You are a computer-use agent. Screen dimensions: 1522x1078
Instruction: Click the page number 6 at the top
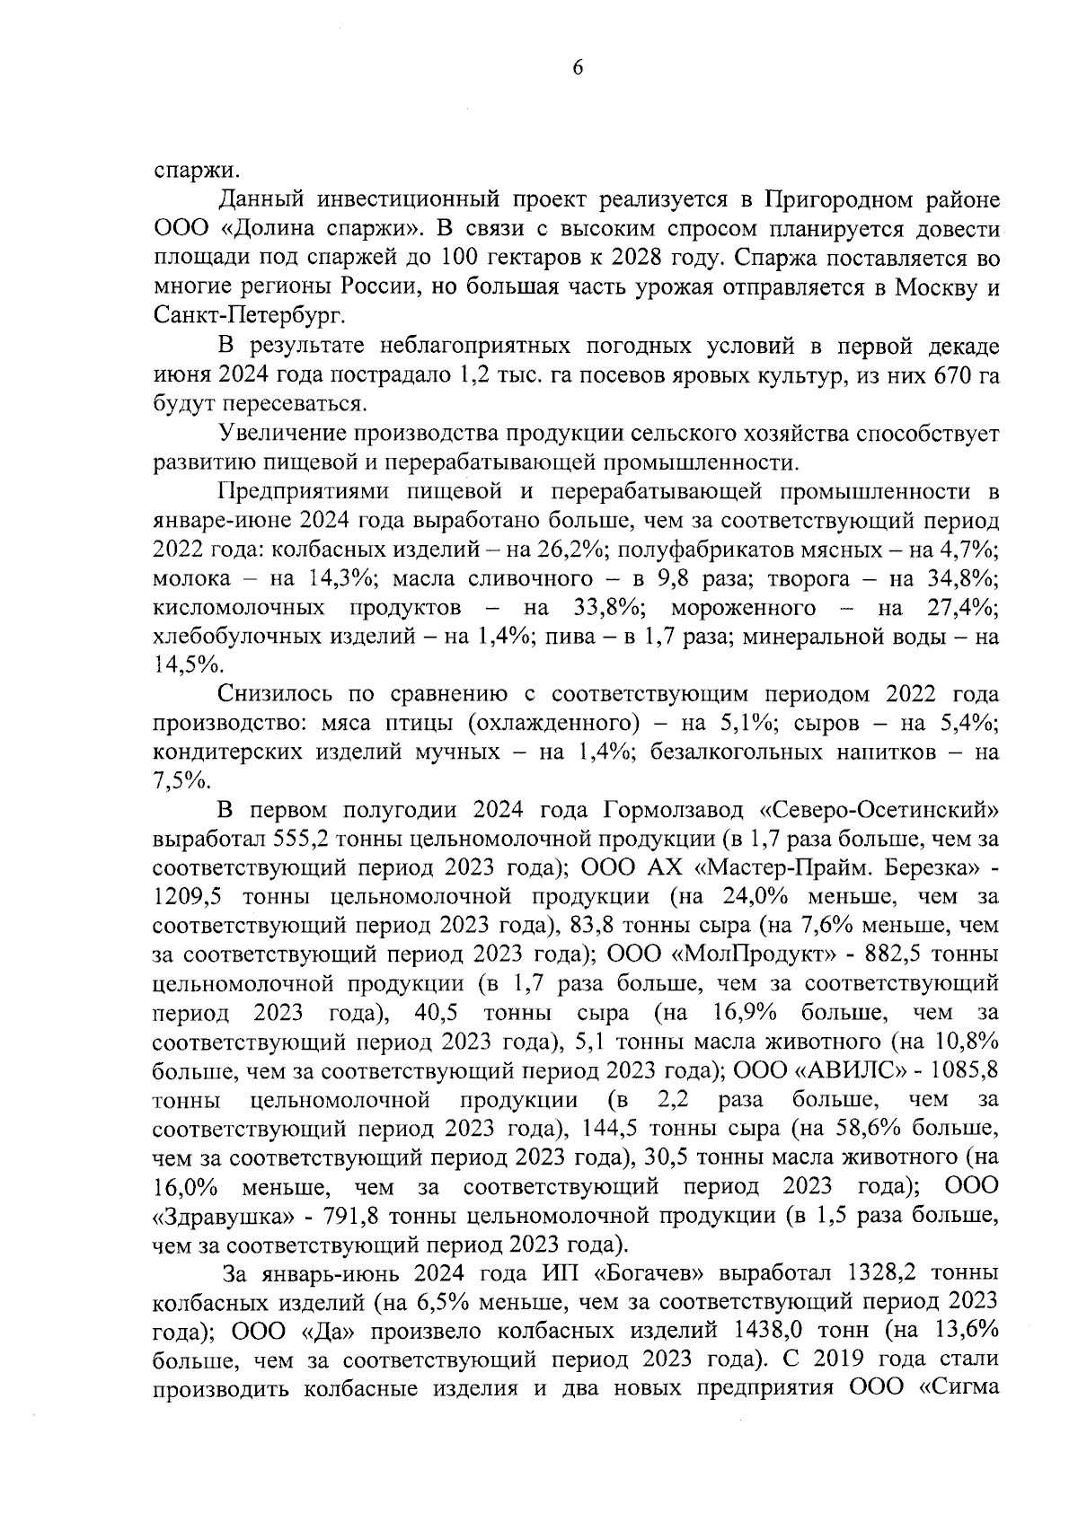click(577, 68)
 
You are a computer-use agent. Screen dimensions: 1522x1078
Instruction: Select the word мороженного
click(743, 607)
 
